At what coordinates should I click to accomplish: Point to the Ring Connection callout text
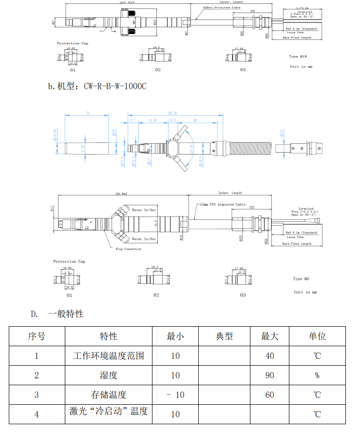pos(128,249)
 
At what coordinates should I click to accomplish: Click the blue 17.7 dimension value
pos(133,120)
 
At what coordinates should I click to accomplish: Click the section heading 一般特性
pos(65,314)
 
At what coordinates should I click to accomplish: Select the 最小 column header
pos(175,336)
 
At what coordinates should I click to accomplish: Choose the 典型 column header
pos(224,336)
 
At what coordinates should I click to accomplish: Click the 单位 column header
pos(317,336)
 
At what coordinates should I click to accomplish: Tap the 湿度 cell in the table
pos(109,375)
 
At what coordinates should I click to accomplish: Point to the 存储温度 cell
pos(109,394)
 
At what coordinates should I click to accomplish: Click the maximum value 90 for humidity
pos(269,375)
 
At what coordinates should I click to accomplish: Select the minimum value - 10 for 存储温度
pos(175,394)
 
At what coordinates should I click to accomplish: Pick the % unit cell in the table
pos(317,375)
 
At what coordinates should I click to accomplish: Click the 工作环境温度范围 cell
pos(109,355)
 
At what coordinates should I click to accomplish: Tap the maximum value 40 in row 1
pos(269,355)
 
